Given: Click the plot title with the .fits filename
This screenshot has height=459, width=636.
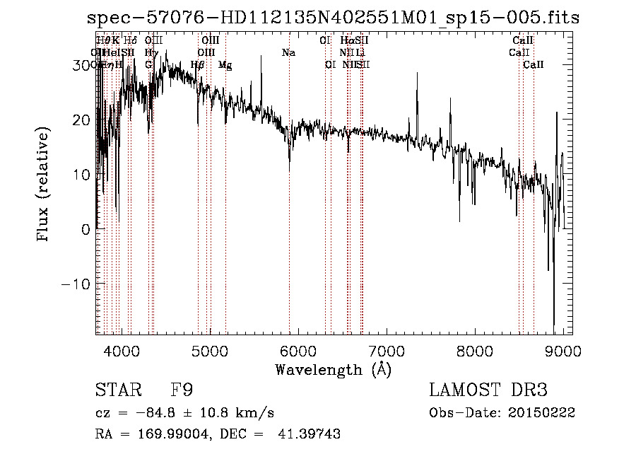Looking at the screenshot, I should click(x=332, y=18).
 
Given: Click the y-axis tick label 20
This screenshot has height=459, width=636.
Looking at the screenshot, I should click(x=81, y=120).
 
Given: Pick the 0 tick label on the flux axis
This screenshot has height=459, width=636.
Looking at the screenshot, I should click(x=86, y=229).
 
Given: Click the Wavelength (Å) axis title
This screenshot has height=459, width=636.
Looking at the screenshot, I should click(x=333, y=369).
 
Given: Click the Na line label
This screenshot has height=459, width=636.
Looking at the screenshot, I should click(x=288, y=52).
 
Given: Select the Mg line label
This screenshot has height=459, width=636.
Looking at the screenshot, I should click(x=225, y=65).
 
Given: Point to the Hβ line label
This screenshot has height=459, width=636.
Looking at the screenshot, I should click(x=198, y=65).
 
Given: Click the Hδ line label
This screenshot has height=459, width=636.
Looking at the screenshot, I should click(x=131, y=40).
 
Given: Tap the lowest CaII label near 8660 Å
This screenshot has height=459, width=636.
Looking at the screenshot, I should click(x=534, y=65).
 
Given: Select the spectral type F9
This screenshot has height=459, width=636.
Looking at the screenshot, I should click(x=182, y=390).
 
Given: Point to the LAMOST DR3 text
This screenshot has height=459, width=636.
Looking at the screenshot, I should click(x=488, y=390).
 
